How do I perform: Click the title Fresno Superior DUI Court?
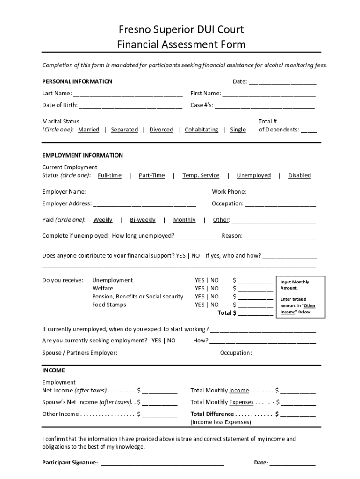[181, 30]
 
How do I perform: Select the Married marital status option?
[88, 130]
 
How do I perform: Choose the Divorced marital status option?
[161, 130]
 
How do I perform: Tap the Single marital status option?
[238, 130]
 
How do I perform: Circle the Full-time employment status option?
[109, 175]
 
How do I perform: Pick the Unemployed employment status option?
[253, 175]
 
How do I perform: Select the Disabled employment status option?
[299, 175]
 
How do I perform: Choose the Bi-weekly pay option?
[143, 220]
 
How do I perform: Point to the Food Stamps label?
[109, 305]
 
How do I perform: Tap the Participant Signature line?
[162, 464]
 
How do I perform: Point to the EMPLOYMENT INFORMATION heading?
[82, 155]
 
